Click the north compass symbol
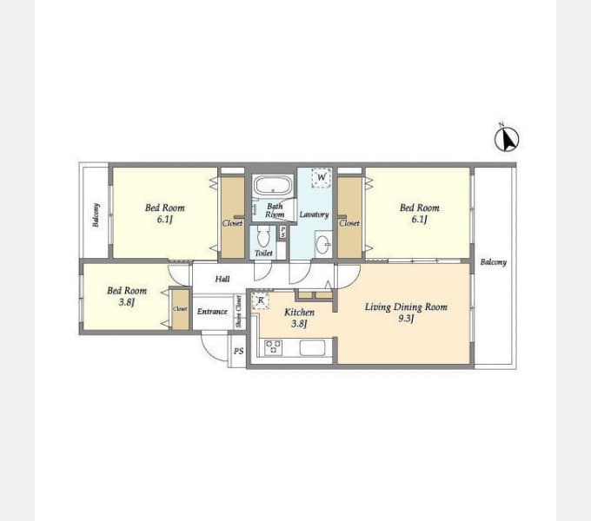[507, 138]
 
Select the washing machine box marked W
[322, 178]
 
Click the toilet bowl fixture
[263, 237]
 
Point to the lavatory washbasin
[322, 244]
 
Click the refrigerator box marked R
[260, 301]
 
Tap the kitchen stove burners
[273, 347]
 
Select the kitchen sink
[312, 348]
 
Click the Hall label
[222, 279]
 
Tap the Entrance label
[212, 312]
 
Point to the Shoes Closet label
[239, 312]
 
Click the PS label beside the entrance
[238, 352]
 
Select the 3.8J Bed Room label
[127, 296]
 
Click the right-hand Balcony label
[492, 262]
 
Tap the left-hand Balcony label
[96, 215]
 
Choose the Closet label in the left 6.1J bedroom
[232, 223]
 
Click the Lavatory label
[314, 214]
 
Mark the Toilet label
[263, 254]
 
